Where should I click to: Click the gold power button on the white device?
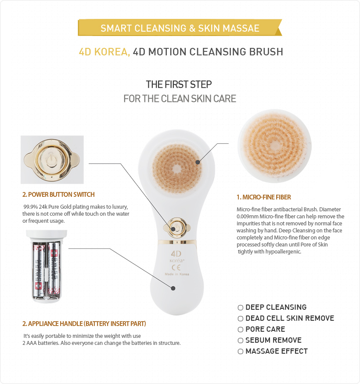[x=176, y=228]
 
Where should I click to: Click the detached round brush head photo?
[x=274, y=146]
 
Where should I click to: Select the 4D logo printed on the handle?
[x=176, y=254]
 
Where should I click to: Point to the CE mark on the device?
[x=176, y=267]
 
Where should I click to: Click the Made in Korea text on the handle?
[x=177, y=274]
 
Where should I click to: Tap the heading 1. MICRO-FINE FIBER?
[x=263, y=197]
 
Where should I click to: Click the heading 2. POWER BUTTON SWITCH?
[x=58, y=195]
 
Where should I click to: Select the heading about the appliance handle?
[x=84, y=324]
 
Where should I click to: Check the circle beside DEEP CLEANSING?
[x=241, y=308]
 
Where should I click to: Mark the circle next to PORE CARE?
[x=241, y=330]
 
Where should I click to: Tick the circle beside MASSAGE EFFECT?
[x=241, y=351]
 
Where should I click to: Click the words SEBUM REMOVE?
[x=274, y=340]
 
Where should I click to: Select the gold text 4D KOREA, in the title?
[x=104, y=52]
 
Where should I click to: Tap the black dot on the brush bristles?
[x=198, y=162]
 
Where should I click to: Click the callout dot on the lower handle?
[x=173, y=288]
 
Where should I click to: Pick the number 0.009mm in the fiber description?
[x=248, y=217]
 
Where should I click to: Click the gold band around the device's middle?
[x=177, y=242]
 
